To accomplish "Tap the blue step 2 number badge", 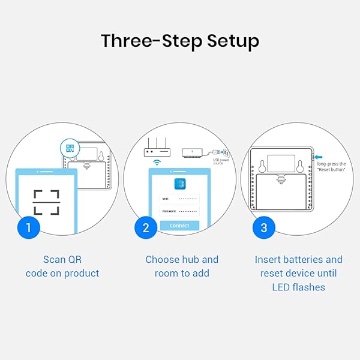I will tap(146, 227).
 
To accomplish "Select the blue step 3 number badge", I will tap(263, 227).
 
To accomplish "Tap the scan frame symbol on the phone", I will tap(46, 202).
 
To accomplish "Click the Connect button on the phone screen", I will tap(179, 226).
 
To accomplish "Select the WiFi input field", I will tap(179, 198).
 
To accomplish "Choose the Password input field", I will tap(179, 211).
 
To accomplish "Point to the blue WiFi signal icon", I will tap(157, 163).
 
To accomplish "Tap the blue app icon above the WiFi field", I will tap(179, 184).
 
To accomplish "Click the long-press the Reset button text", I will tap(331, 167).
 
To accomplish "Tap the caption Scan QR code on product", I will tap(62, 266).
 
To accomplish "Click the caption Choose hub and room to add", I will tap(182, 266).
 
